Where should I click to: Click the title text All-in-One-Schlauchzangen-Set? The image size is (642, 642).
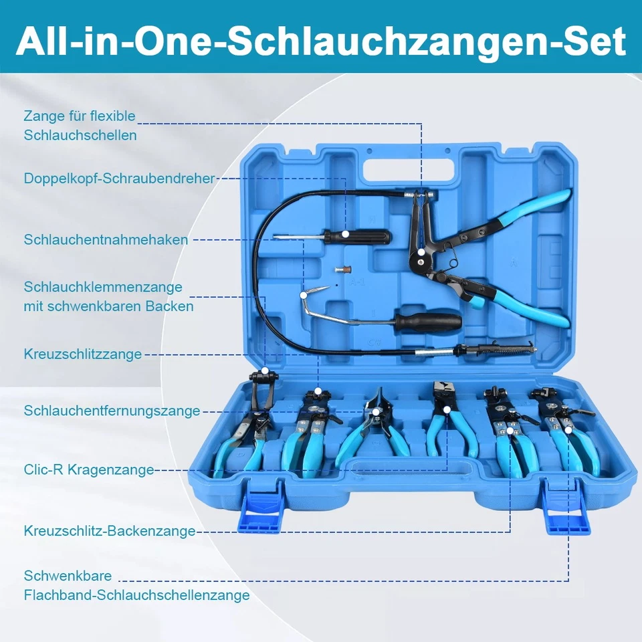(321, 41)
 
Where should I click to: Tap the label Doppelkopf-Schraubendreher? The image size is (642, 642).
(120, 179)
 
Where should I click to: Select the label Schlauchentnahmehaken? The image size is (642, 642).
(106, 239)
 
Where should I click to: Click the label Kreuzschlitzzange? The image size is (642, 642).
(83, 354)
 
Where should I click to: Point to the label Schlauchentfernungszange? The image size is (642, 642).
(112, 411)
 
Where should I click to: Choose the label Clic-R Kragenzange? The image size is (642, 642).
(89, 469)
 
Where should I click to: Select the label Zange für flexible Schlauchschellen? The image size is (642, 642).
(80, 125)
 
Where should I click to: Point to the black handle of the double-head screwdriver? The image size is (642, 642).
(364, 235)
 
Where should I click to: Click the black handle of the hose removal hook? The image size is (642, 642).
(428, 321)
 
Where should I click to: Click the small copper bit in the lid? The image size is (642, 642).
(342, 269)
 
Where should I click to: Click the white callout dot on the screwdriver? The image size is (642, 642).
(346, 234)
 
